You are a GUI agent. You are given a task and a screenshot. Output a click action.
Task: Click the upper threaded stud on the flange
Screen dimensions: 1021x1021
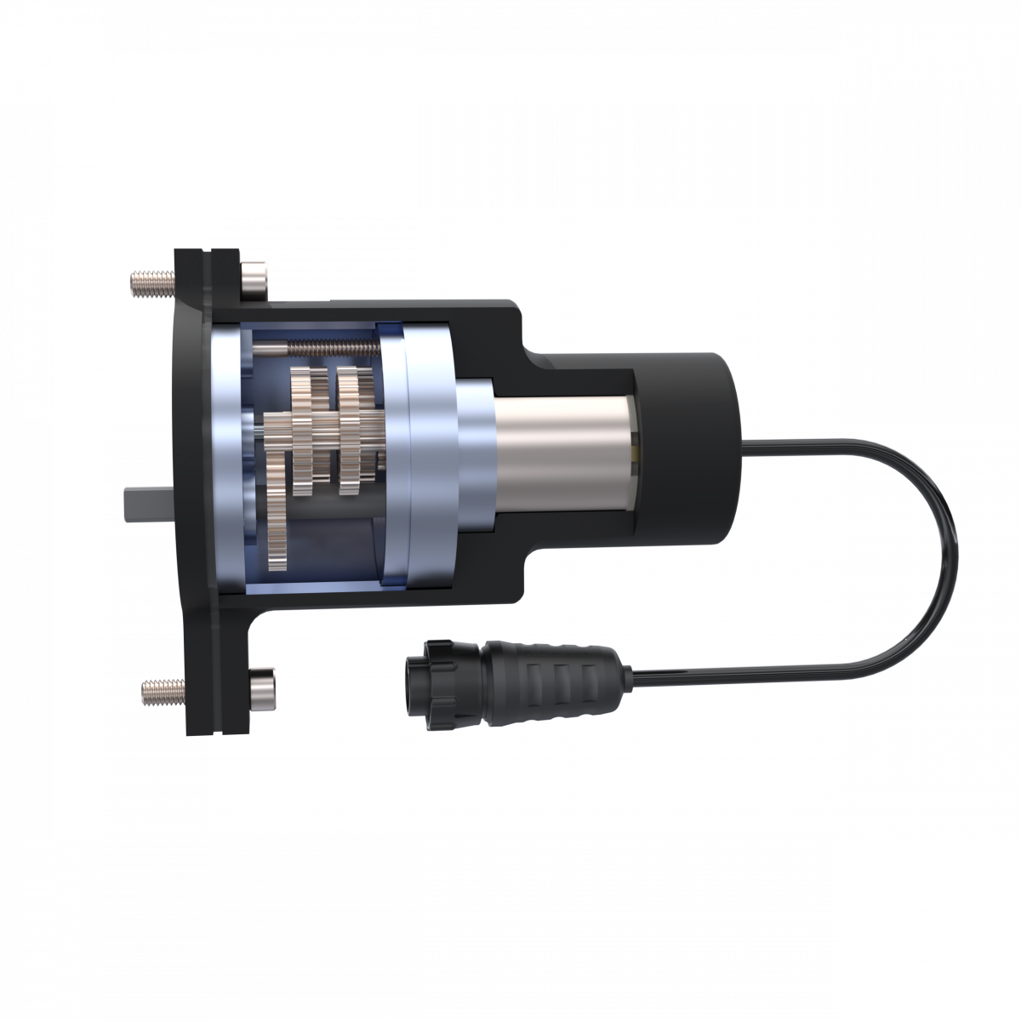(151, 282)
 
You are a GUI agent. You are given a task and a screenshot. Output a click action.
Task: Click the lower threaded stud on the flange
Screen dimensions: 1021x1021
(163, 690)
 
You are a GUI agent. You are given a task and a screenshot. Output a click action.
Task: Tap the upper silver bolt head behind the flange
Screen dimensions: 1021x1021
(254, 278)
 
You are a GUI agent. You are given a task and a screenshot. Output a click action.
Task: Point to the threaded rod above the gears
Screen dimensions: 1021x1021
(323, 348)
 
